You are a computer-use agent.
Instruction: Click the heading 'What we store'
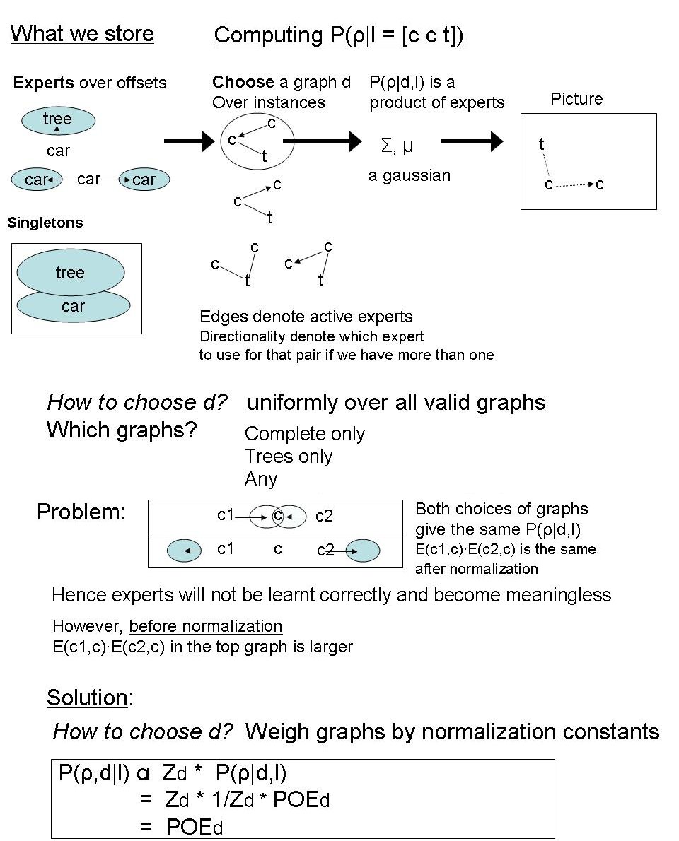(82, 33)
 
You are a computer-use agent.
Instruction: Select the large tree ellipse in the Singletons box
(70, 273)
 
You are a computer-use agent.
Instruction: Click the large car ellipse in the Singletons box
(73, 308)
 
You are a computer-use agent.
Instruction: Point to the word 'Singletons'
(45, 223)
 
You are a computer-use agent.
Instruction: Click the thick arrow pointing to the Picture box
(472, 142)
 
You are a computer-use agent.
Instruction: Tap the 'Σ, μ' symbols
(397, 147)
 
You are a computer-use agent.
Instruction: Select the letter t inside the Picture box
(541, 145)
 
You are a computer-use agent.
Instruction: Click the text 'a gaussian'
(410, 175)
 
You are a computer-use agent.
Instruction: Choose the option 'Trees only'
(289, 457)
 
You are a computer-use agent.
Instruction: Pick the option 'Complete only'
(305, 434)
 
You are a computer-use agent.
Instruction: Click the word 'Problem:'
(81, 512)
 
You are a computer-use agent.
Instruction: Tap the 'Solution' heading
(87, 698)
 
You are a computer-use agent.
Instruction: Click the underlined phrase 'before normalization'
(206, 626)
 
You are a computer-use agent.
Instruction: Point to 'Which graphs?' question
(122, 430)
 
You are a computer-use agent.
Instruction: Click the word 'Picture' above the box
(576, 99)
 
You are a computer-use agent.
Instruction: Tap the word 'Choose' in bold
(243, 82)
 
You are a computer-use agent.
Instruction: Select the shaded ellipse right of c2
(363, 551)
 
